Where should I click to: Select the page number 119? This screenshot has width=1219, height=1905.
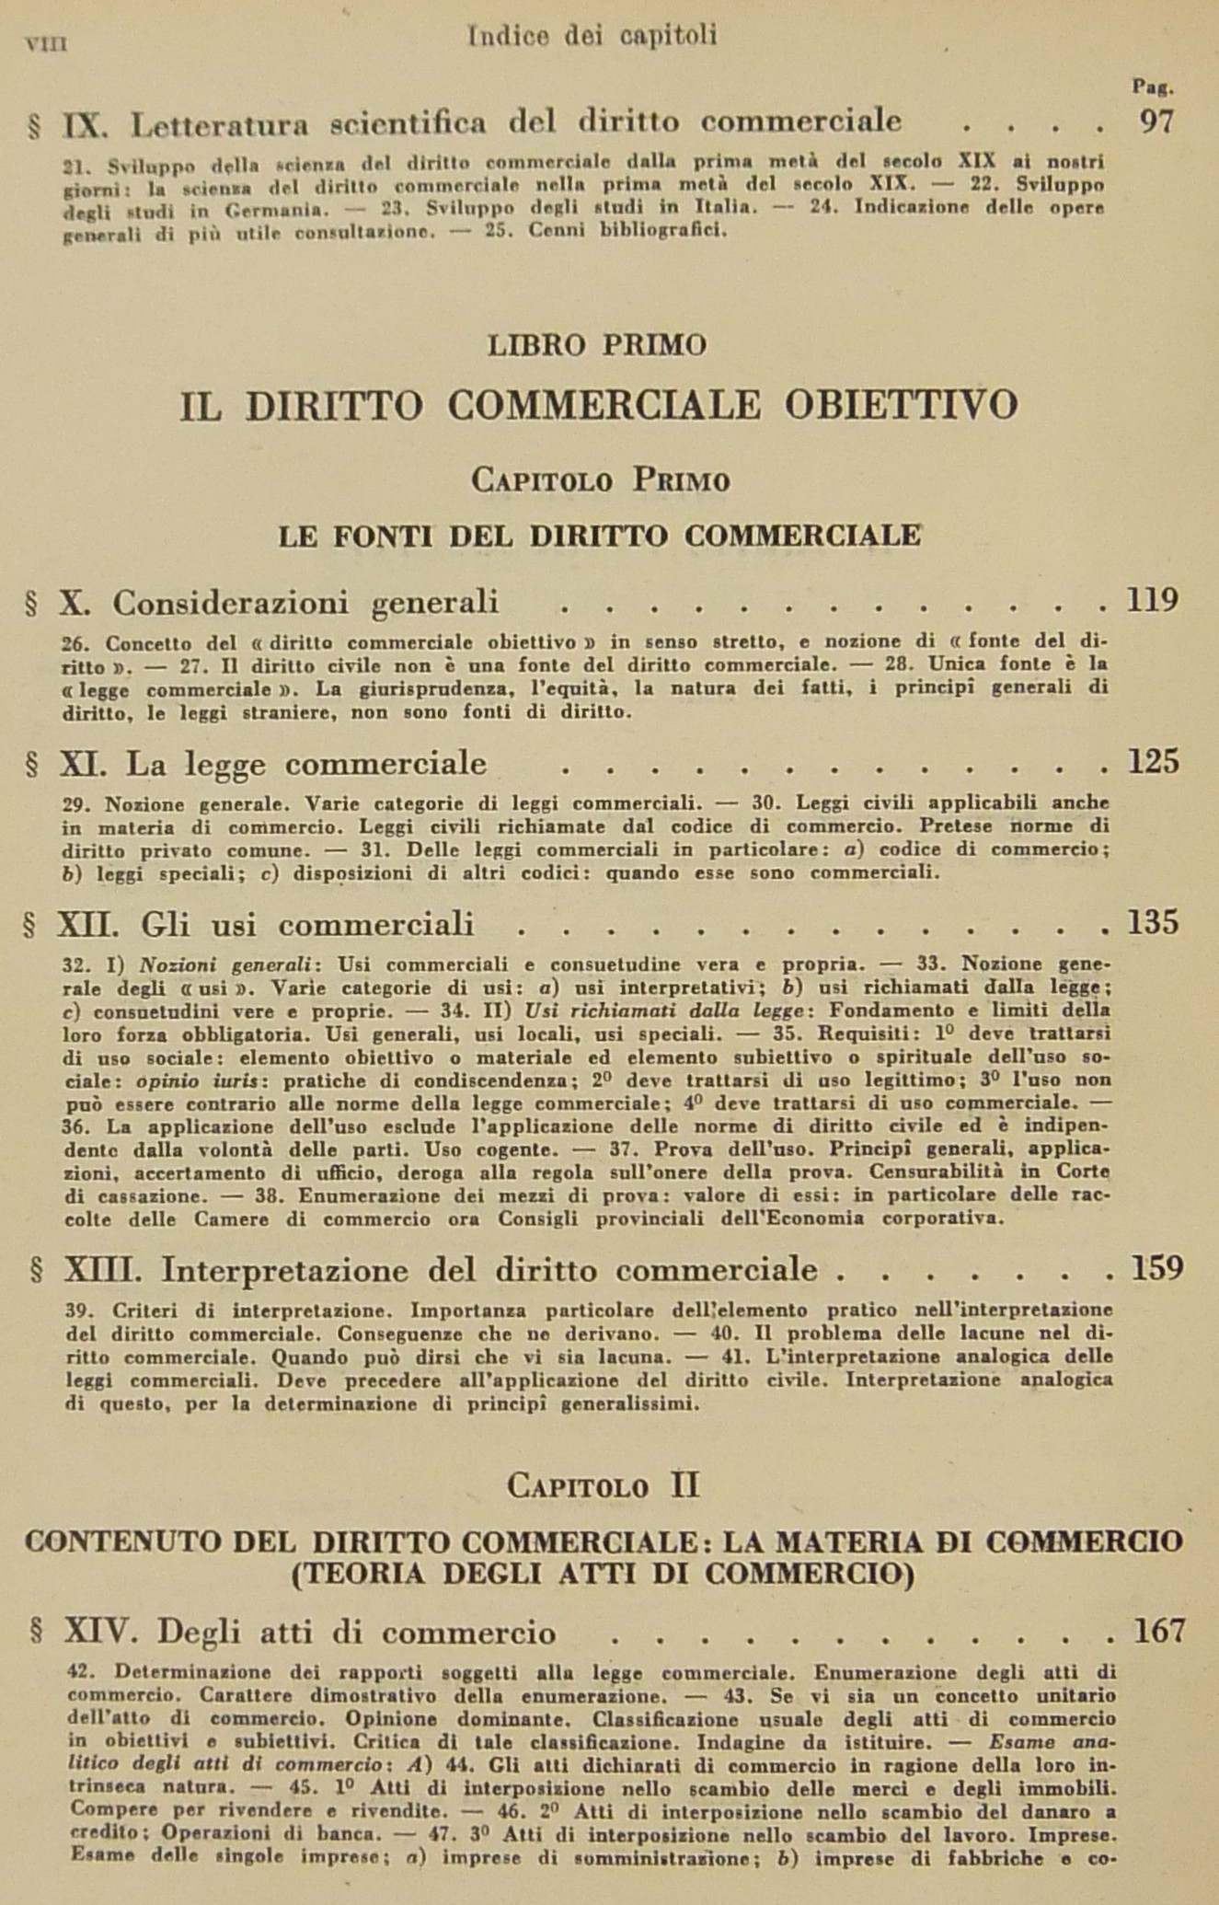click(x=1152, y=601)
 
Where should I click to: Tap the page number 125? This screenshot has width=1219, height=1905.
click(x=1153, y=762)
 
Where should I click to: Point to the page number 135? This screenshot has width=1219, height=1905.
click(x=1153, y=923)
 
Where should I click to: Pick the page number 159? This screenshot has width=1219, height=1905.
click(x=1156, y=1269)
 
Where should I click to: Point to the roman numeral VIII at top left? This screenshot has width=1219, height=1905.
click(x=48, y=43)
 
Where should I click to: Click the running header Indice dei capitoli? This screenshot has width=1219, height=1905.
click(x=592, y=36)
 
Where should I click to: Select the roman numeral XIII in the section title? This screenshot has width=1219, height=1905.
click(x=102, y=1270)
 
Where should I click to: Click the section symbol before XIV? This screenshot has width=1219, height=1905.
click(x=37, y=1633)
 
